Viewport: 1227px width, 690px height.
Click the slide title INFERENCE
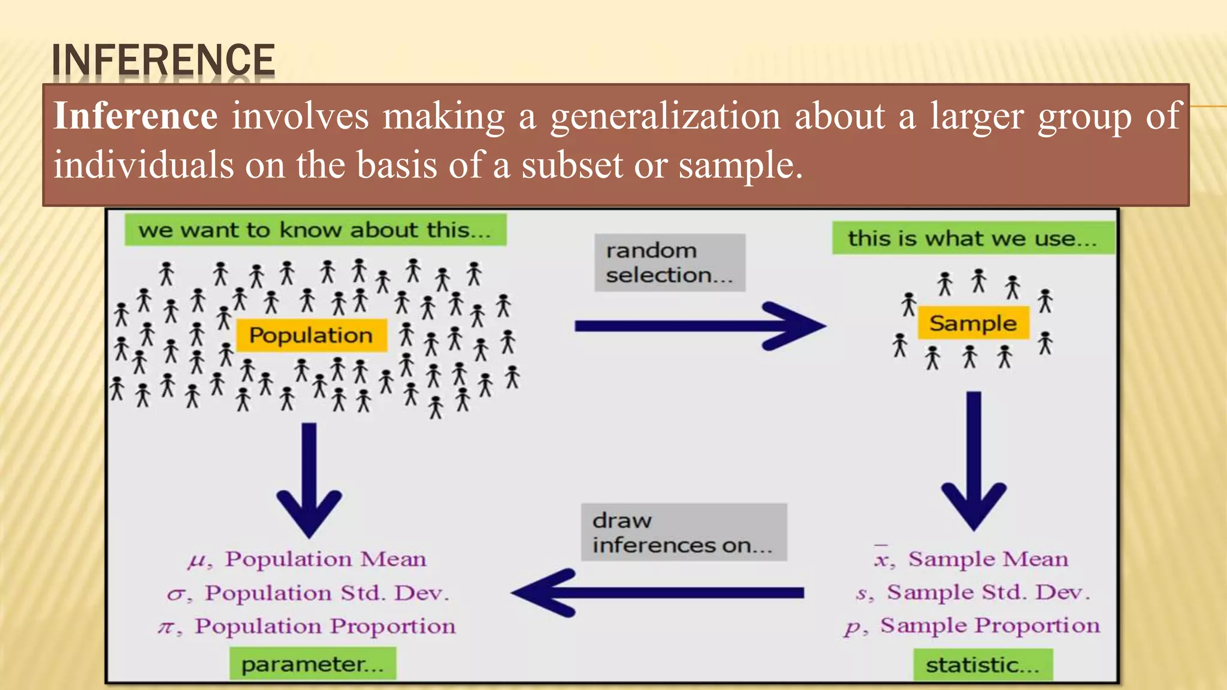163,60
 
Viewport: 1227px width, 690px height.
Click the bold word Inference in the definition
135,116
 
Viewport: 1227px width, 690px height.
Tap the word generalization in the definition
666,117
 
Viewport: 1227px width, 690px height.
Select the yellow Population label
311,335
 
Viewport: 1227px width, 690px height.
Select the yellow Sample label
973,323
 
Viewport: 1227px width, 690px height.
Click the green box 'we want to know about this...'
315,230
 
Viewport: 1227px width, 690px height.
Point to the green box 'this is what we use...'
972,238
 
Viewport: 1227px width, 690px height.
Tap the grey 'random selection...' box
669,262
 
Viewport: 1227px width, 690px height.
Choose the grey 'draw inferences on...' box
683,532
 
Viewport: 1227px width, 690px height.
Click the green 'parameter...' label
312,664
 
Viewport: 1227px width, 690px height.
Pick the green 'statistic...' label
983,665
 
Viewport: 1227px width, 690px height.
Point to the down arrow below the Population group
309,479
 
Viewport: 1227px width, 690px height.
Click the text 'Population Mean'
326,559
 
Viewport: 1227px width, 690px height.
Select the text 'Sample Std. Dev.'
988,592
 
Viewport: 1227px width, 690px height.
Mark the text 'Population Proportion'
325,626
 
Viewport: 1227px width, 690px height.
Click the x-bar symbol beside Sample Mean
881,558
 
